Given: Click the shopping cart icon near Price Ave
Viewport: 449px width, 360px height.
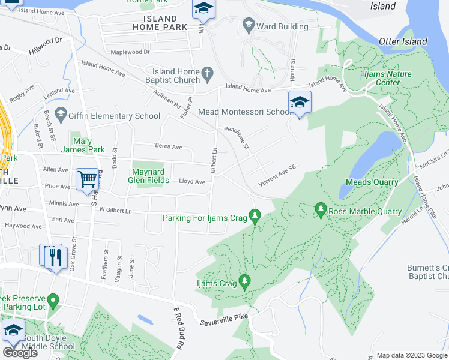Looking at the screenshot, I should [88, 178].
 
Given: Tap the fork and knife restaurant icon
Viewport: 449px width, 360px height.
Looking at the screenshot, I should [55, 257].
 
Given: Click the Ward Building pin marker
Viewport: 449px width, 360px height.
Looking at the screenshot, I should [248, 25].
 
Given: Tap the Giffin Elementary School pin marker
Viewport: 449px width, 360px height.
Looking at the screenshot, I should [60, 113].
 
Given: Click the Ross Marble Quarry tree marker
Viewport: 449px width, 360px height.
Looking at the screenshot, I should [321, 209].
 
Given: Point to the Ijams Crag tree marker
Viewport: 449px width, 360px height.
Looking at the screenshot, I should [244, 281].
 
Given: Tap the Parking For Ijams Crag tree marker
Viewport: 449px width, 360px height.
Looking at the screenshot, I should [255, 215].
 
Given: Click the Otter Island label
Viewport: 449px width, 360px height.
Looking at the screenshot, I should [403, 41].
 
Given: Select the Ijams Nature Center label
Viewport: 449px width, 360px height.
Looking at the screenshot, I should [390, 78].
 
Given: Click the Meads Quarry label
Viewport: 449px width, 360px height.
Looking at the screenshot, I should [372, 182].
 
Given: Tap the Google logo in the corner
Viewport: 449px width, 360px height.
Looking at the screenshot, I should [20, 353].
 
